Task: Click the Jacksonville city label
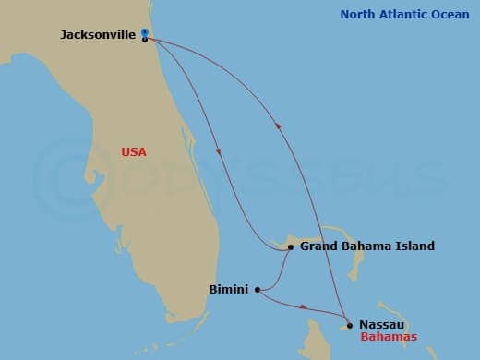[98, 34]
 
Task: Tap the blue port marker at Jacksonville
[145, 33]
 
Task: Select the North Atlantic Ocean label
[405, 14]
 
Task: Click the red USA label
[135, 152]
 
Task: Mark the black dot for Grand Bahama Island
[291, 247]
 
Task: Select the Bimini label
[229, 289]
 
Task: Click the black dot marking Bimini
[258, 289]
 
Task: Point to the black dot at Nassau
[350, 324]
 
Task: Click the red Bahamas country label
[389, 337]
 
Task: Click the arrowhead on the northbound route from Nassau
[278, 126]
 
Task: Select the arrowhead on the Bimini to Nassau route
[304, 306]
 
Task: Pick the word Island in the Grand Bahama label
[415, 246]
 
